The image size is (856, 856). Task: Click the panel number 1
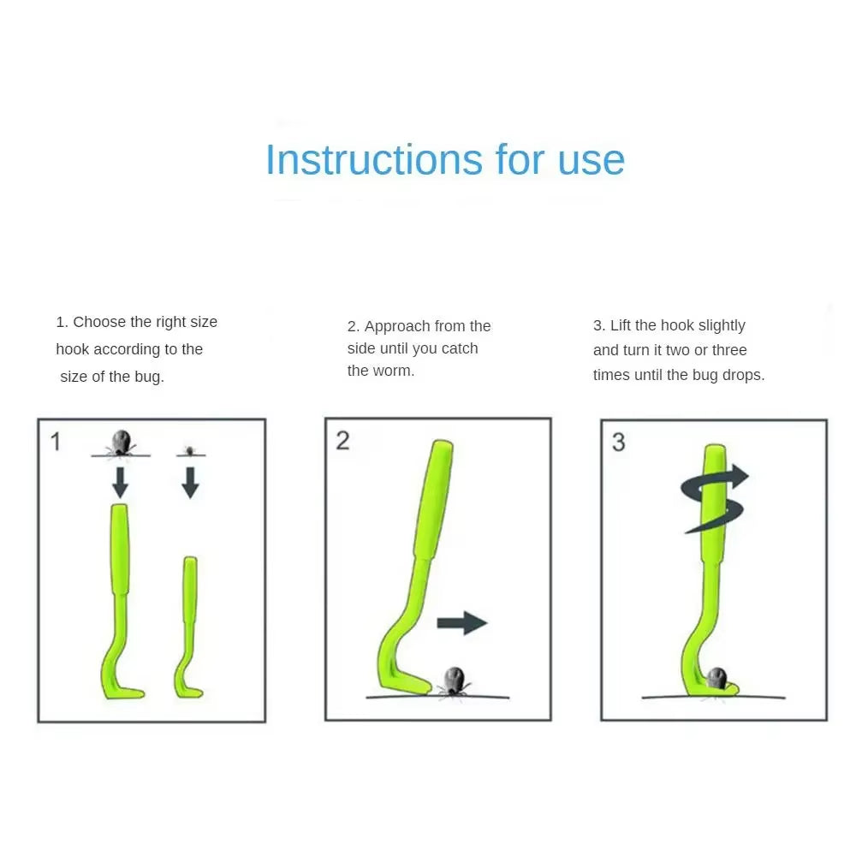coord(56,442)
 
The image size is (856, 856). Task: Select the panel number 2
coord(342,441)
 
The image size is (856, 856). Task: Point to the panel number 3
coord(618,442)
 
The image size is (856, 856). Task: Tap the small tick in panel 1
coord(190,449)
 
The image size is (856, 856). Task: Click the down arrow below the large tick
coord(120,482)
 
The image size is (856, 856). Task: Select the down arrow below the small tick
coord(190,482)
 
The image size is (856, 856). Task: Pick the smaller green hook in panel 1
coord(188,625)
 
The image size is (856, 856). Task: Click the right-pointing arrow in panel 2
coord(461,623)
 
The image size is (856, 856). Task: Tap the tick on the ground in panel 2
coord(452,680)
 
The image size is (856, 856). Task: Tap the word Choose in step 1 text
coord(100,322)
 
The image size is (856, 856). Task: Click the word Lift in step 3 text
coord(621,325)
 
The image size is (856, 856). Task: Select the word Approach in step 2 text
coord(397,326)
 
